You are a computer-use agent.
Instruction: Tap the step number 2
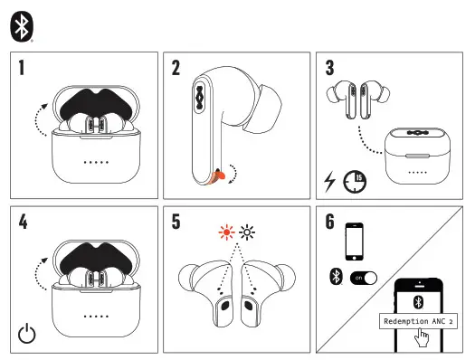click(177, 68)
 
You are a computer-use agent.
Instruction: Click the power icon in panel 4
click(29, 332)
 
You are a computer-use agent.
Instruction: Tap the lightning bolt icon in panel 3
click(330, 182)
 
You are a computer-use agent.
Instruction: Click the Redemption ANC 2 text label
click(418, 321)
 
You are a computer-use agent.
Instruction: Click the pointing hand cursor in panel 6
click(420, 340)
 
